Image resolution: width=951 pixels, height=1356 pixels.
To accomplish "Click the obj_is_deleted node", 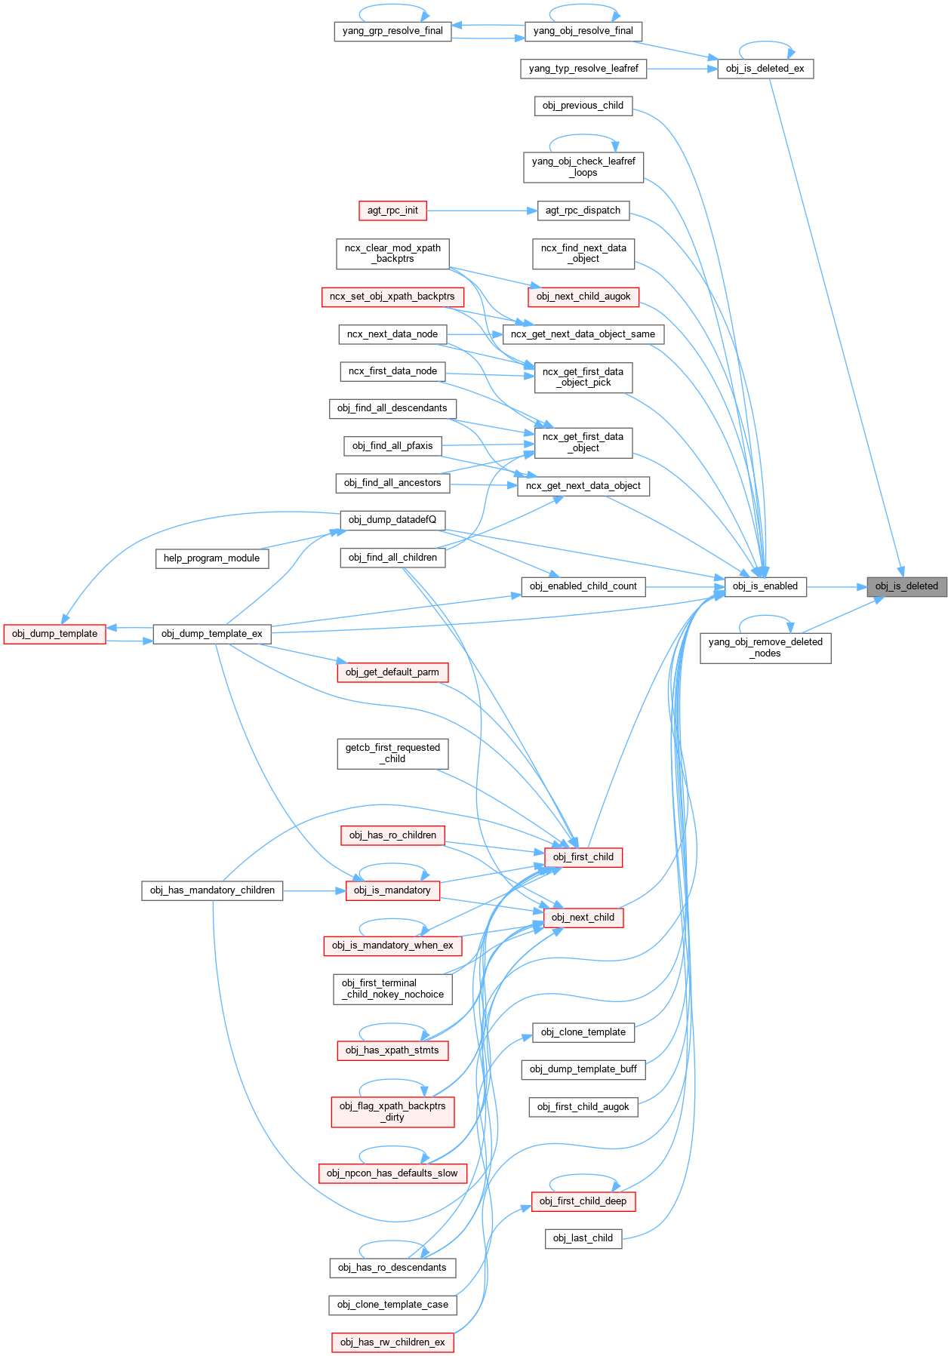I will [906, 586].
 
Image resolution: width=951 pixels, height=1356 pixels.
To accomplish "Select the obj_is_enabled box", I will [765, 586].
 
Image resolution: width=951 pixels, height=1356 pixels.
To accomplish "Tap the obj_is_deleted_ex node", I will [765, 69].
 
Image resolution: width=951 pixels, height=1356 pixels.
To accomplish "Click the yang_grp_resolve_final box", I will [392, 31].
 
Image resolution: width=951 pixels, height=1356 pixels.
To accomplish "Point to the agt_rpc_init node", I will [392, 211].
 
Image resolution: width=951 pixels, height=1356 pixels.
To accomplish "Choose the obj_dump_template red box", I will [54, 634].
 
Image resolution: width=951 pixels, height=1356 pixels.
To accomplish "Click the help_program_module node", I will [211, 558].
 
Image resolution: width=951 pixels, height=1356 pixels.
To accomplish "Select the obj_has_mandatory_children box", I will [212, 890].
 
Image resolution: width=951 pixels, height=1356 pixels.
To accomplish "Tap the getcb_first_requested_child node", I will [392, 753].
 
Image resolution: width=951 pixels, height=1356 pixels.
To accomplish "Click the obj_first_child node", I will [583, 857].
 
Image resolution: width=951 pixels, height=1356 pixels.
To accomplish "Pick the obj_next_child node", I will [583, 918].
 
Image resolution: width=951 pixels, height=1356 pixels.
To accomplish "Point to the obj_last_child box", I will [583, 1238].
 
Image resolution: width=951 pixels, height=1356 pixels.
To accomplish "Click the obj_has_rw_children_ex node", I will [392, 1342].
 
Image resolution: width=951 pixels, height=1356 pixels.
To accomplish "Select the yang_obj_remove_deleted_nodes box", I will [765, 647].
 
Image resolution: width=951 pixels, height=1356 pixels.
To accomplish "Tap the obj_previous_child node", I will [583, 106].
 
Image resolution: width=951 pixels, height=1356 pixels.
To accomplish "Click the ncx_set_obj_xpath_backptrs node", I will [392, 297].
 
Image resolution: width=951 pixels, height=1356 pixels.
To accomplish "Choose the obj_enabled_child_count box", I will [583, 586].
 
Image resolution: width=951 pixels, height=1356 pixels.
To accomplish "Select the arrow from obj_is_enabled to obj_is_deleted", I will [836, 586].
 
